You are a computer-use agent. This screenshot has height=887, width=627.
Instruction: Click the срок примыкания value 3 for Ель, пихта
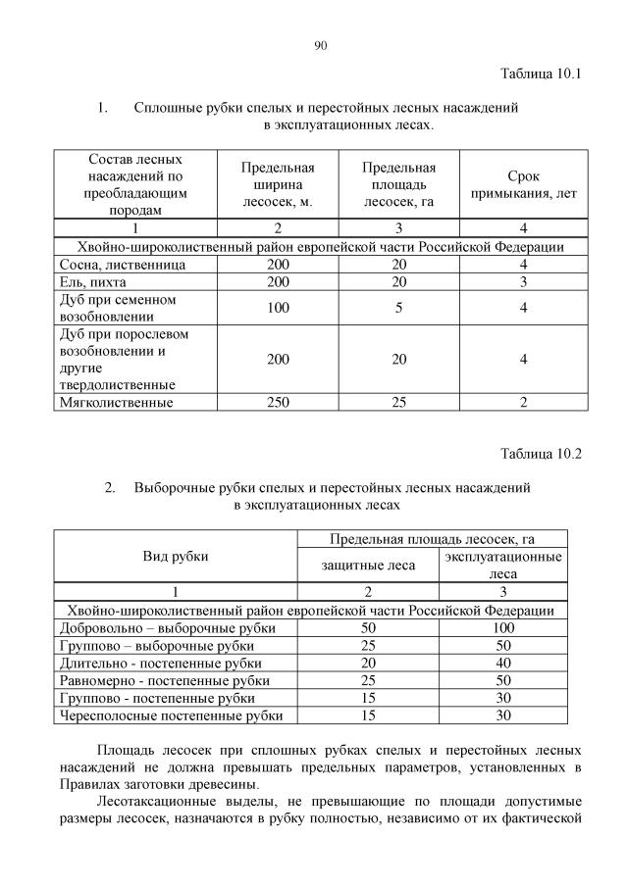[524, 282]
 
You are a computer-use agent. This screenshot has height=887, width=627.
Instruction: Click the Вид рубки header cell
[176, 556]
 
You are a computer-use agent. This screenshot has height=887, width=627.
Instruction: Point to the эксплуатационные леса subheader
[503, 565]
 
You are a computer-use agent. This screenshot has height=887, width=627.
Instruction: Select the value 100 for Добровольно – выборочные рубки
[503, 627]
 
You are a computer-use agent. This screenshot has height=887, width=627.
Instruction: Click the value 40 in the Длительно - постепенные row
[503, 663]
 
